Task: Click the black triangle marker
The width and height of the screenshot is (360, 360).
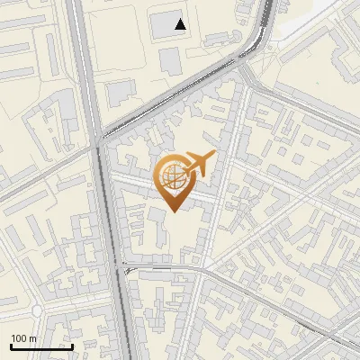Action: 181,24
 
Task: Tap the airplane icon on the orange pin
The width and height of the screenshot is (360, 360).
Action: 199,164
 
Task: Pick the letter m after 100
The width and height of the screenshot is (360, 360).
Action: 33,338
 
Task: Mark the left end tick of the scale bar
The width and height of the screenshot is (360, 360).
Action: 11,346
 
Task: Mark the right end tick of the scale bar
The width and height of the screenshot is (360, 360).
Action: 72,346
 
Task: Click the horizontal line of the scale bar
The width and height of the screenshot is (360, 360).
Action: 41,346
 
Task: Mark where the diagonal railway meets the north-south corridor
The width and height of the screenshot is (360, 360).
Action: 98,139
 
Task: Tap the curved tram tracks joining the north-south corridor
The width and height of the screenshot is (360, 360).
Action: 129,267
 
